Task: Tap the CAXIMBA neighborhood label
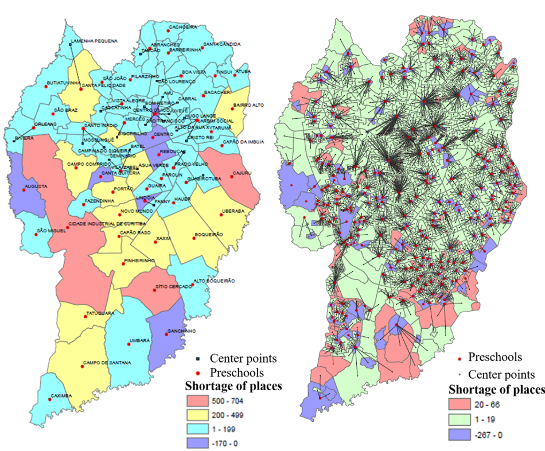[x=61, y=395]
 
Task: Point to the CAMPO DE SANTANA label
[x=107, y=363]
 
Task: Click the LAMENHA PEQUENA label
[x=94, y=41]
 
